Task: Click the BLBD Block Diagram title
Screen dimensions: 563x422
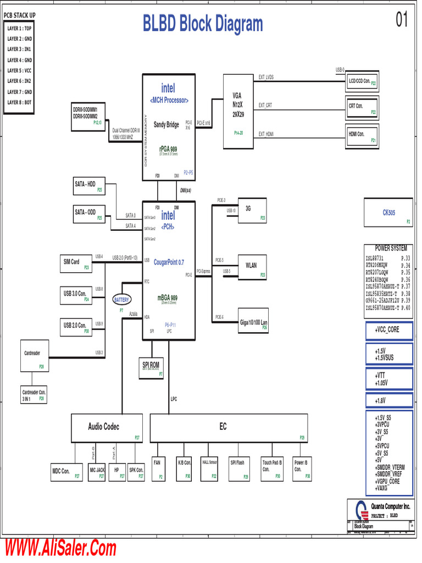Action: (x=203, y=24)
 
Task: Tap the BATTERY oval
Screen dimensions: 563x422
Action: (x=121, y=300)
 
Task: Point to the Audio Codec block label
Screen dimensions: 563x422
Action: (x=104, y=427)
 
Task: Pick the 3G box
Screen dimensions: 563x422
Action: (x=252, y=210)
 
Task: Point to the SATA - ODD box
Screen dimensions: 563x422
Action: (x=88, y=214)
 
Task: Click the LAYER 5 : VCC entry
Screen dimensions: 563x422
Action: (x=19, y=70)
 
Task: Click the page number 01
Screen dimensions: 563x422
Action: (x=402, y=21)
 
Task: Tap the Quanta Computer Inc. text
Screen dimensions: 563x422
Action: (x=390, y=506)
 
